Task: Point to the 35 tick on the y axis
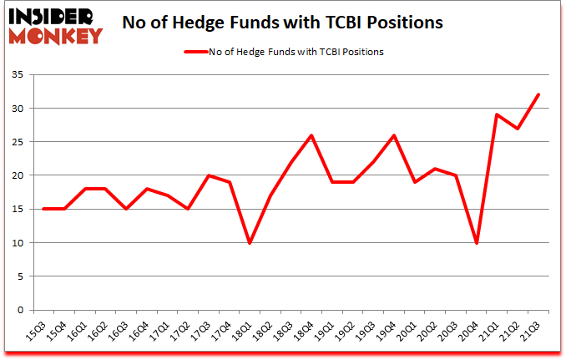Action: point(18,74)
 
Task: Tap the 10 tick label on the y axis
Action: point(18,243)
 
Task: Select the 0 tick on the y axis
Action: point(22,310)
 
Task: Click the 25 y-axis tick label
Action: point(18,142)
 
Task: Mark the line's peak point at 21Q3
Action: point(538,94)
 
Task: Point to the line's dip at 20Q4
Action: point(477,242)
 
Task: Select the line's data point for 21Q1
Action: point(498,114)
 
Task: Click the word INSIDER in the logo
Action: point(52,16)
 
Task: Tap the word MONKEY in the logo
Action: point(57,35)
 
